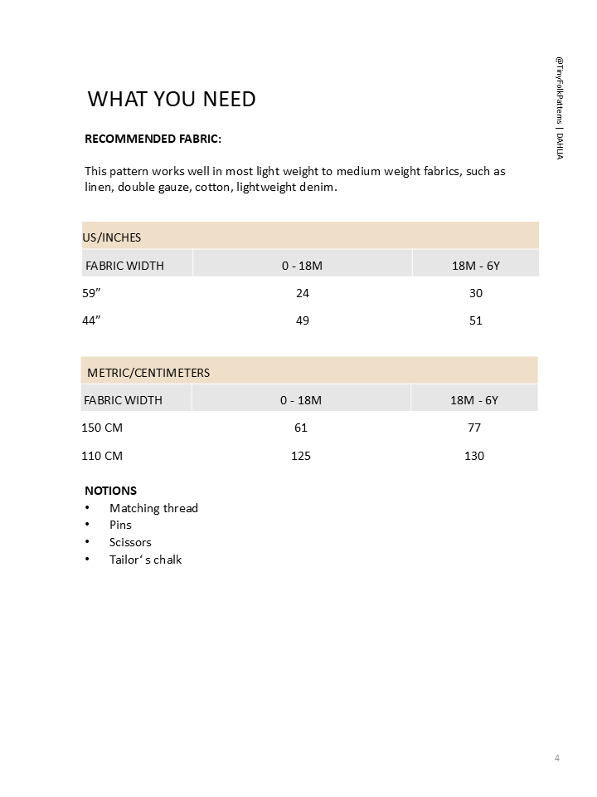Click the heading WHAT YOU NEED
tap(172, 99)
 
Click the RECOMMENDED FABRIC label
tap(153, 139)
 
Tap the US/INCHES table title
tap(112, 237)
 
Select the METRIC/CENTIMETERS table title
tap(148, 373)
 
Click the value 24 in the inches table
tap(303, 293)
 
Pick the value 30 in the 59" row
tap(475, 293)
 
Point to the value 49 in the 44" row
tap(303, 320)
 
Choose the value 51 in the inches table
tap(475, 320)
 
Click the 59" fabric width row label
tap(92, 293)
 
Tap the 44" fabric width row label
tap(92, 320)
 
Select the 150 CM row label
tap(102, 428)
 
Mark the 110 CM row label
tap(102, 456)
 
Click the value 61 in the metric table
tap(301, 428)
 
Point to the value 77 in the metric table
tap(474, 428)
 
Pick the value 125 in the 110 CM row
tap(301, 456)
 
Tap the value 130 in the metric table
tap(474, 456)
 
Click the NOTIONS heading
tap(110, 491)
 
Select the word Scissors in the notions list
tap(130, 542)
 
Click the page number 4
tap(557, 758)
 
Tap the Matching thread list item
tap(153, 508)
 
